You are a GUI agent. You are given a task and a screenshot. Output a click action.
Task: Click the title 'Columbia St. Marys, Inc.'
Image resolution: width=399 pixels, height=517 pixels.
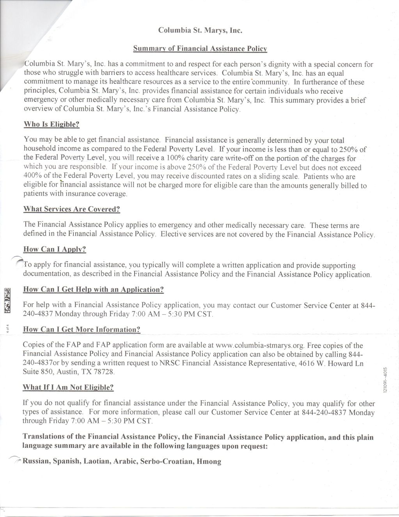tap(200, 30)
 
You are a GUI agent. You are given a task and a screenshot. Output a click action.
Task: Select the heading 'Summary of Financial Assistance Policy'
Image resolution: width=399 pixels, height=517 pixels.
tap(200, 49)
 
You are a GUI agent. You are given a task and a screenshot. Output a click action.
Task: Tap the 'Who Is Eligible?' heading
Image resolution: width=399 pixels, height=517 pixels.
tap(51, 125)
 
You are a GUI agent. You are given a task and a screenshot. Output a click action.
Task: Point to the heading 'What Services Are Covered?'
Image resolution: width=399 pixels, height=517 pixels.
tap(72, 209)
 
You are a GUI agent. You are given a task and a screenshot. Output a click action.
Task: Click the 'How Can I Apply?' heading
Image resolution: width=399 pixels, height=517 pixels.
tap(55, 249)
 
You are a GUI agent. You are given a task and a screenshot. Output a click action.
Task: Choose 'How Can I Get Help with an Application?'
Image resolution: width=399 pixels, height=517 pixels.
tap(93, 289)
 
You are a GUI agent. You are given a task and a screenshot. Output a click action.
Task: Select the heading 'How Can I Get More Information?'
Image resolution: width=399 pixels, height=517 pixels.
tap(82, 329)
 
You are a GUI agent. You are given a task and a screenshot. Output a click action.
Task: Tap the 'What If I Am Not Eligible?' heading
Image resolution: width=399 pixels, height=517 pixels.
tap(68, 387)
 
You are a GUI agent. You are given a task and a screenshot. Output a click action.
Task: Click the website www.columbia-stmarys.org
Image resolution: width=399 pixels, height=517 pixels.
tap(259, 346)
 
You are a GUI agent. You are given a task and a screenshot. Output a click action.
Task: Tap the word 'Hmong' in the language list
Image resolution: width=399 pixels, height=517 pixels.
tap(209, 462)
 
